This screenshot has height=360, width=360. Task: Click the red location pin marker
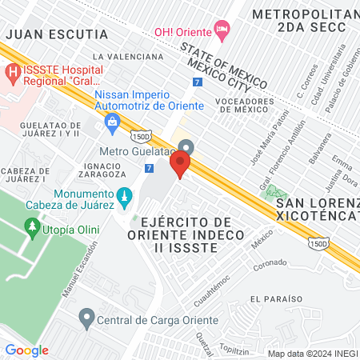(x=180, y=166)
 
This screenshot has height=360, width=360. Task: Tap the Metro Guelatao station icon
(x=186, y=148)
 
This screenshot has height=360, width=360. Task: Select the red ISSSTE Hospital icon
(x=13, y=73)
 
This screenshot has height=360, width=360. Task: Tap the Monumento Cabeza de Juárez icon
(x=123, y=196)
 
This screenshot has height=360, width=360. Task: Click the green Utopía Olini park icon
(x=33, y=230)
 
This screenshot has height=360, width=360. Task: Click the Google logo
(x=26, y=350)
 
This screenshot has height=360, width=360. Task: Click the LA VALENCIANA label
(x=128, y=57)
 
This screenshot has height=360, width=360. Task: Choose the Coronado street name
(x=269, y=263)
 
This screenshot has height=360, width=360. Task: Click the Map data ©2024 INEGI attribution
(x=312, y=353)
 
